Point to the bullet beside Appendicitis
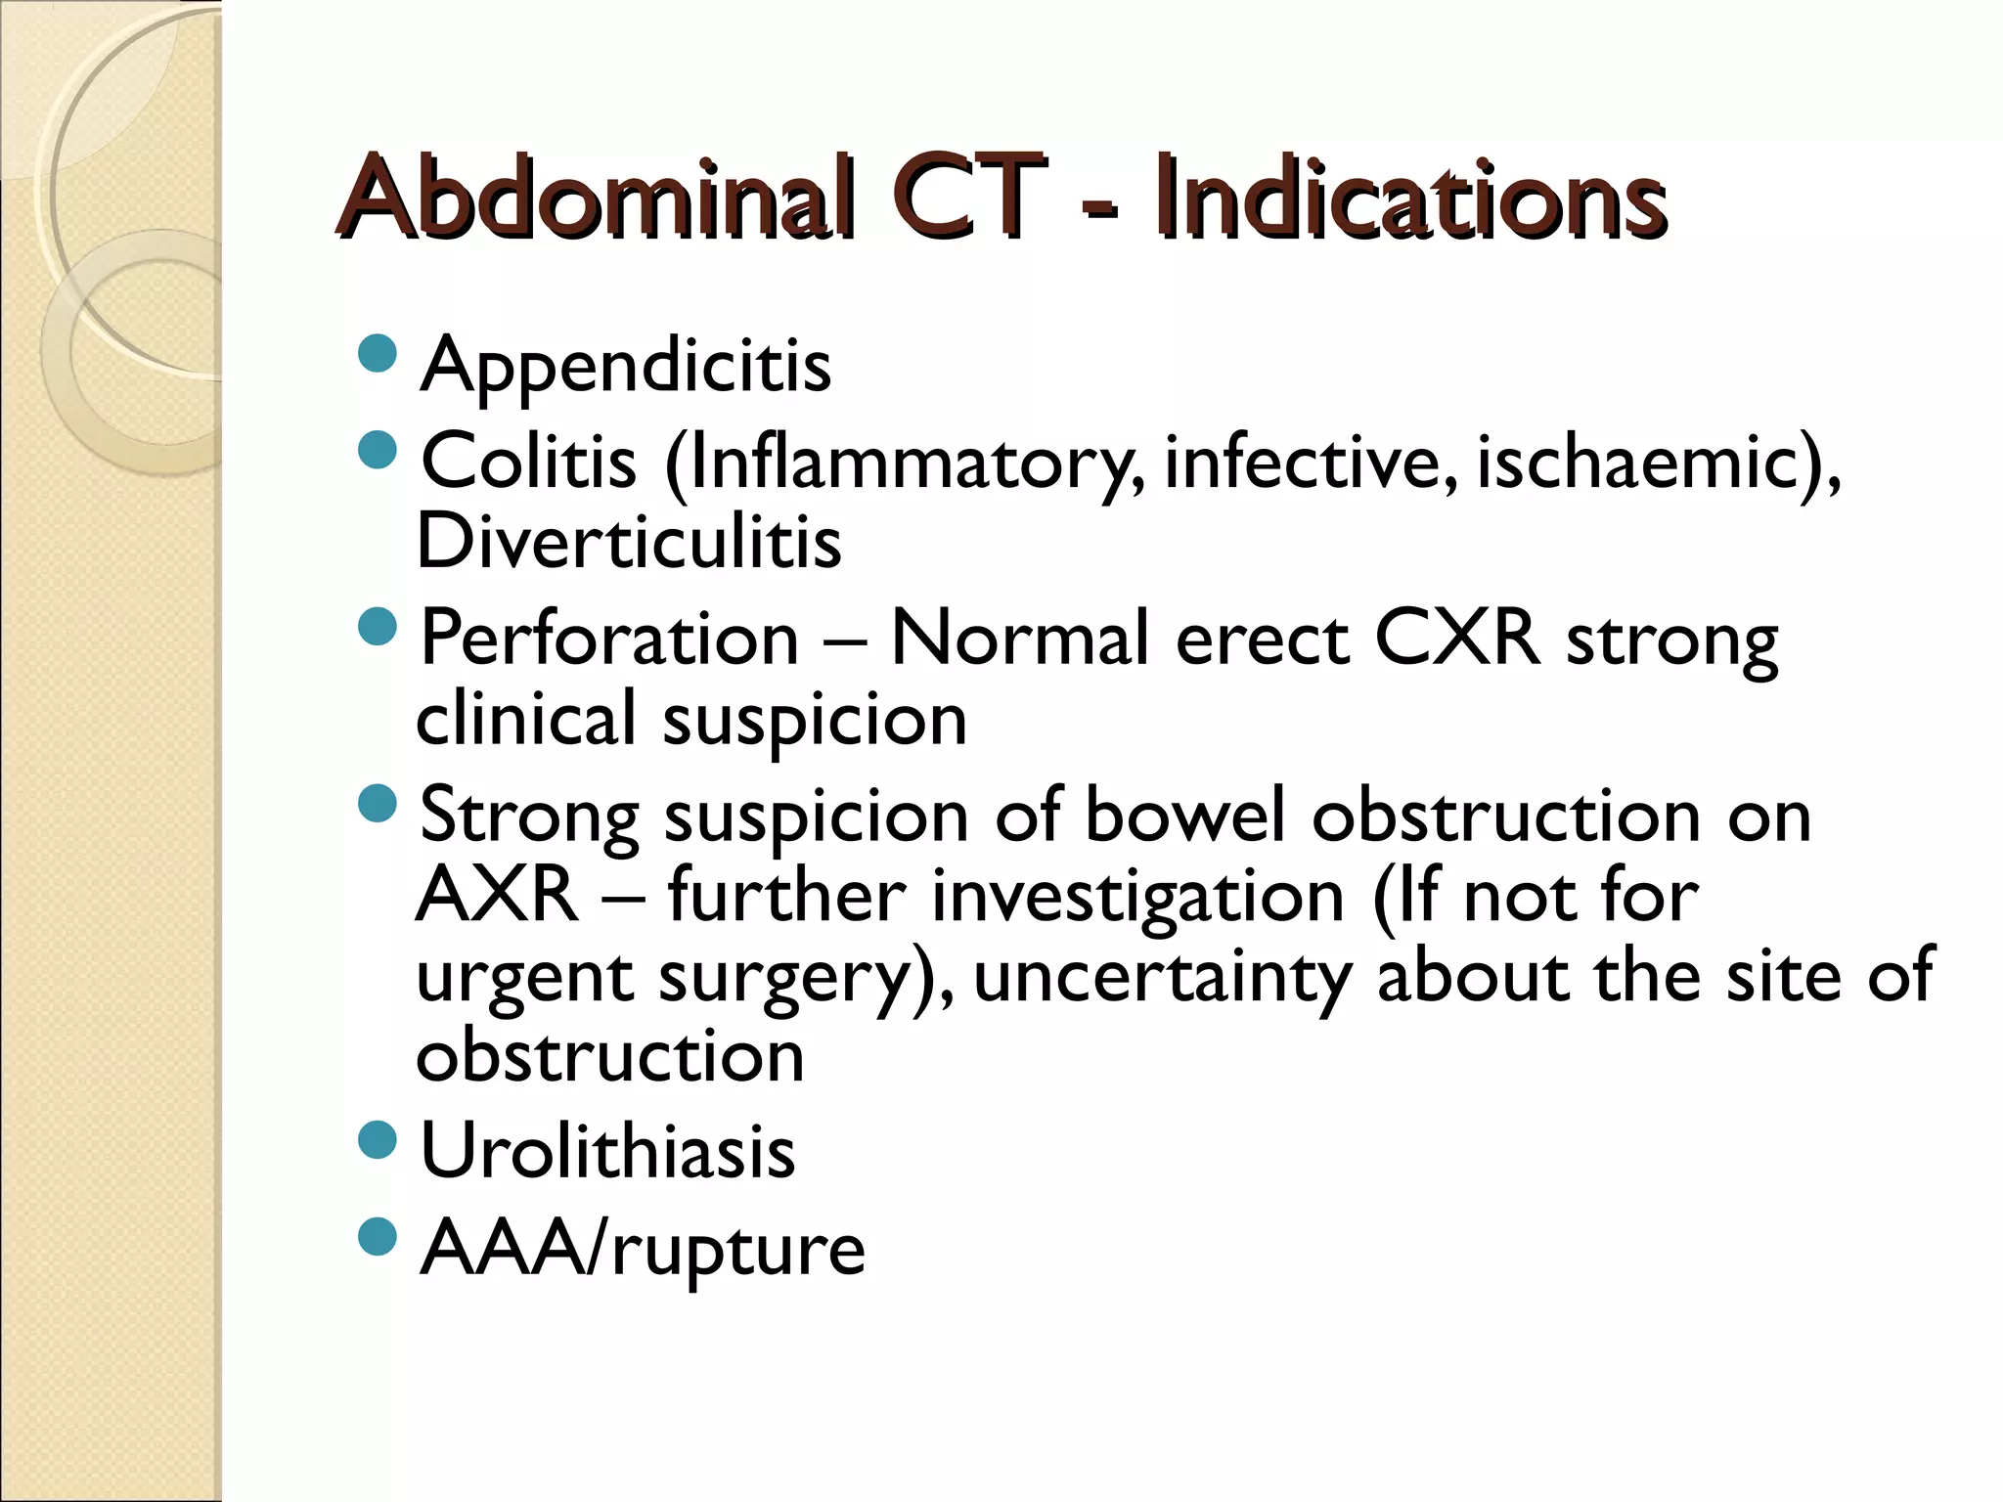pos(378,354)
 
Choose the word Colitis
pos(528,462)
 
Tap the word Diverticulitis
pos(629,542)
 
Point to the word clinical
pos(526,719)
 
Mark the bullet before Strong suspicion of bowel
pos(378,804)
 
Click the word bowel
pos(1184,817)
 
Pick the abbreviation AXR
pos(497,896)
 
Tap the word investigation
pos(1138,898)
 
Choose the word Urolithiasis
pos(607,1152)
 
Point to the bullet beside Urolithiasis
pos(378,1139)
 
